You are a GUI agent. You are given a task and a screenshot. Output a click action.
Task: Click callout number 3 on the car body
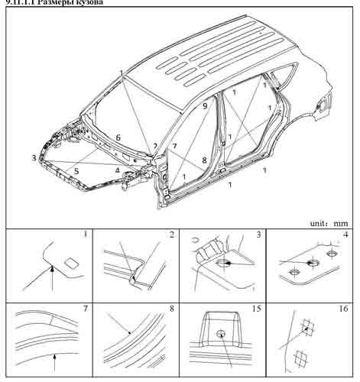coord(34,157)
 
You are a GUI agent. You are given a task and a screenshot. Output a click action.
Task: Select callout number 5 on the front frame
coord(76,171)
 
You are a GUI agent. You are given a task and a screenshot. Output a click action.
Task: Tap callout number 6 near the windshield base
coord(118,138)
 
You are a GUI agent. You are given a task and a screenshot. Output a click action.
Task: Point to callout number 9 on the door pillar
coord(204,107)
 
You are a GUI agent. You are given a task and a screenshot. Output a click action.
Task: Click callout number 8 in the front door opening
coord(203,161)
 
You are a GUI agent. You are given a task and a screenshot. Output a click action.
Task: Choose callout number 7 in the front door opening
coord(174,145)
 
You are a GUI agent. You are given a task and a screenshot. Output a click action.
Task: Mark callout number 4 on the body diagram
coord(117,170)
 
